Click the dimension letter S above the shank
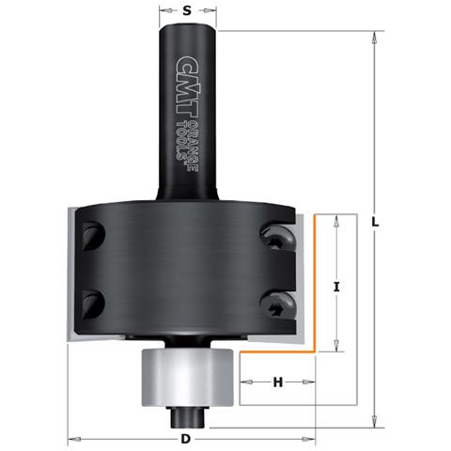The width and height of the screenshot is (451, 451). tap(187, 11)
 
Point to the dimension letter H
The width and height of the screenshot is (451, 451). tap(277, 382)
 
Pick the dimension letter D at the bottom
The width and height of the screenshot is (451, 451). tap(186, 440)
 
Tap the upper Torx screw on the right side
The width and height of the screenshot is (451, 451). tap(279, 240)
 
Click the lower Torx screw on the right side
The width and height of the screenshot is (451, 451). tap(278, 303)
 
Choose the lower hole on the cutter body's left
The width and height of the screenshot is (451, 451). tap(92, 302)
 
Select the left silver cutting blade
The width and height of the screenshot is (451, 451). tap(69, 278)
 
